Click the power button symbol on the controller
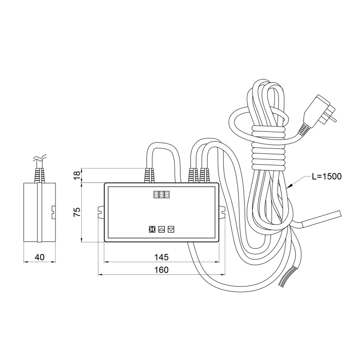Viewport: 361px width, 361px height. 152,229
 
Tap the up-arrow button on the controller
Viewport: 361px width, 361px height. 162,229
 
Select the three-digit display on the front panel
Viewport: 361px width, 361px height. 162,194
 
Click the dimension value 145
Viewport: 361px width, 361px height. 161,257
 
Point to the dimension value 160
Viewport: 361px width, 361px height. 161,270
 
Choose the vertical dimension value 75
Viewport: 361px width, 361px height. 77,212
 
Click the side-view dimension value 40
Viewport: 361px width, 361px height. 39,257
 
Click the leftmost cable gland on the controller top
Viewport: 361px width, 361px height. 148,176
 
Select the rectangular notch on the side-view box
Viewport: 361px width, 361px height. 53,210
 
